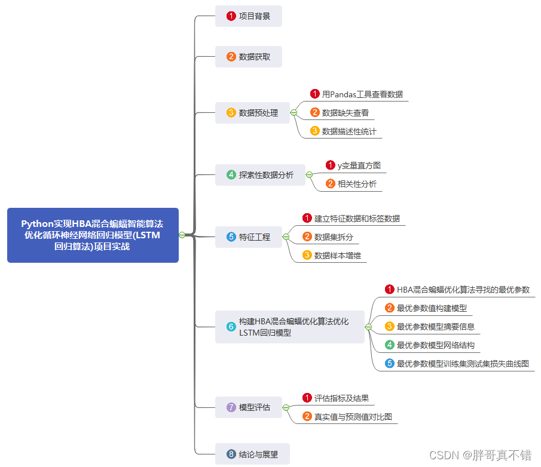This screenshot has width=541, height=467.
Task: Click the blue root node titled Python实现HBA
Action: pos(93,235)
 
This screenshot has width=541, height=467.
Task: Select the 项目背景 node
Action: pos(249,16)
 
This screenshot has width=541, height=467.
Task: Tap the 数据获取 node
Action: pos(249,57)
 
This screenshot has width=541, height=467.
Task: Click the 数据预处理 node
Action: pos(252,113)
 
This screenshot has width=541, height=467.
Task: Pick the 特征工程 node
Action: pos(249,237)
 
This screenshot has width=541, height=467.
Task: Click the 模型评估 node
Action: pos(249,407)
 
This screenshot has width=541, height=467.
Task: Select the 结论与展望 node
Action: pos(252,454)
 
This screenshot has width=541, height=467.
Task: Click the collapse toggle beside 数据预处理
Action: pos(294,113)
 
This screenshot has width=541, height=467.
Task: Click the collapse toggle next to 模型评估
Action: pos(286,407)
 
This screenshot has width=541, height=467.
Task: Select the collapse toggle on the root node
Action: pos(182,235)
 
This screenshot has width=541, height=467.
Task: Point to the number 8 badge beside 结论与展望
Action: pos(231,454)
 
